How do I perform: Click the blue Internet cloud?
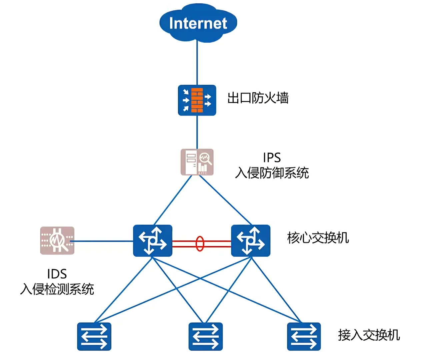click(198, 23)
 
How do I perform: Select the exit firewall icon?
click(197, 100)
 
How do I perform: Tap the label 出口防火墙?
click(258, 98)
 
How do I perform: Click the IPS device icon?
click(197, 162)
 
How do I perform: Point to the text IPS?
click(272, 157)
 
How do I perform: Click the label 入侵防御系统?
click(272, 173)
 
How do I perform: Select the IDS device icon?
click(57, 240)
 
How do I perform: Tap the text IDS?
click(57, 274)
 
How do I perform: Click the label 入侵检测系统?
click(57, 289)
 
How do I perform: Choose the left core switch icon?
click(153, 241)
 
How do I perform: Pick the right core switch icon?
click(251, 241)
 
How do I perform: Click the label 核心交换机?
click(318, 238)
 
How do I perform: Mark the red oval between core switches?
click(200, 243)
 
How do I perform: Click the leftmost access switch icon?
click(94, 336)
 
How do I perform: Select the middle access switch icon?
click(205, 336)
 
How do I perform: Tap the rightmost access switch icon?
click(304, 336)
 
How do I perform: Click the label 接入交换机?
click(369, 335)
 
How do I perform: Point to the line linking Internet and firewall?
click(197, 63)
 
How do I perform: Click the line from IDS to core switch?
click(103, 241)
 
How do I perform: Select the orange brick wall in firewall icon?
click(197, 100)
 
